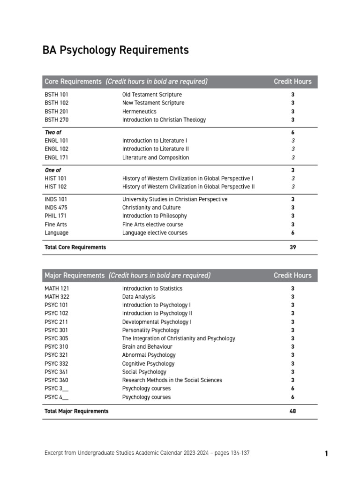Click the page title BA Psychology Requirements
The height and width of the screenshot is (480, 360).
(116, 50)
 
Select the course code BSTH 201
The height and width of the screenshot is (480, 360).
(56, 111)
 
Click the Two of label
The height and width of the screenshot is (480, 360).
(53, 132)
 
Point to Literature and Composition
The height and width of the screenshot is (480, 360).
(156, 157)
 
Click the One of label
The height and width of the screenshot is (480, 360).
(52, 170)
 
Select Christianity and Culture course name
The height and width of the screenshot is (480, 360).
(151, 207)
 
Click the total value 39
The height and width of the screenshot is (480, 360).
(293, 247)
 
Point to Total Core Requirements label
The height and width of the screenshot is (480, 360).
(75, 247)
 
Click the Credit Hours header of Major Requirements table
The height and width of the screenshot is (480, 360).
(292, 275)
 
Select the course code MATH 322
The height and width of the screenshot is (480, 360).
(57, 297)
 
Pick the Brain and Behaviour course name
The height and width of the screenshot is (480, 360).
(147, 346)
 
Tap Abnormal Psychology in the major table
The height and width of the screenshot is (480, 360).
(149, 355)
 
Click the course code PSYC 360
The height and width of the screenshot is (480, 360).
(56, 380)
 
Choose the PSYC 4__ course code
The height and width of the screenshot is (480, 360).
(56, 397)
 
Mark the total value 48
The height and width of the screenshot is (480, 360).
(293, 411)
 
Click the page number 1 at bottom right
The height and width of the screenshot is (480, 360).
(326, 453)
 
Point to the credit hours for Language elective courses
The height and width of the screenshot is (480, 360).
(293, 232)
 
